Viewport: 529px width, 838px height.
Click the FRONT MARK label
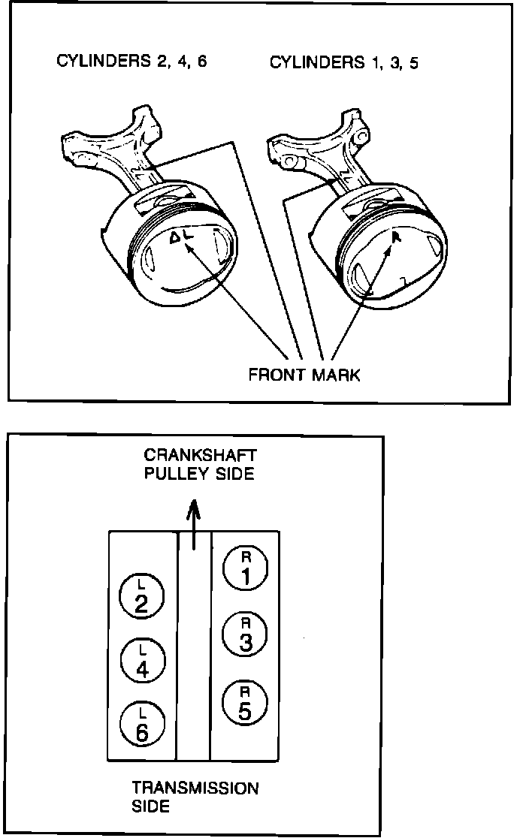coord(304,375)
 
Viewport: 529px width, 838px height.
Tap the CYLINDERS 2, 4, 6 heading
coord(131,61)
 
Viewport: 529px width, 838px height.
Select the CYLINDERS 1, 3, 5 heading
coord(344,62)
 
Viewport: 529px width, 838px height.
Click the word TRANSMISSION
coord(195,788)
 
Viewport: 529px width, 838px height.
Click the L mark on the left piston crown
coord(189,237)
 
